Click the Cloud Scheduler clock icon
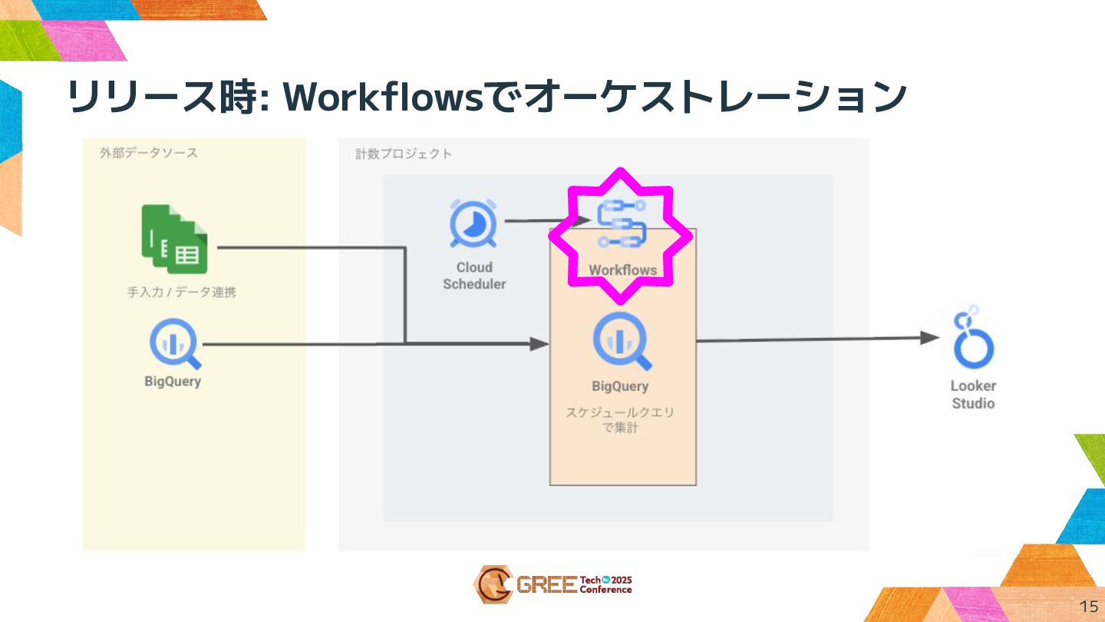[473, 226]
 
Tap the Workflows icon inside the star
[622, 223]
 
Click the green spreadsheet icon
[176, 240]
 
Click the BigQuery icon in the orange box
[622, 342]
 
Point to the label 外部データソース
[148, 153]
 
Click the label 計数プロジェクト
[404, 154]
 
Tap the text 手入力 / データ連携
[181, 293]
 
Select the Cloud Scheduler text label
[474, 276]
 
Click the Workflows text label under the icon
[622, 270]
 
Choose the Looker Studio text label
[973, 395]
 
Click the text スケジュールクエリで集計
[621, 420]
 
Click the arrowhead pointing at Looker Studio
[930, 338]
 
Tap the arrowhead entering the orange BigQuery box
[540, 344]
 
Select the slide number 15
[1088, 605]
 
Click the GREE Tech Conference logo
[553, 584]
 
